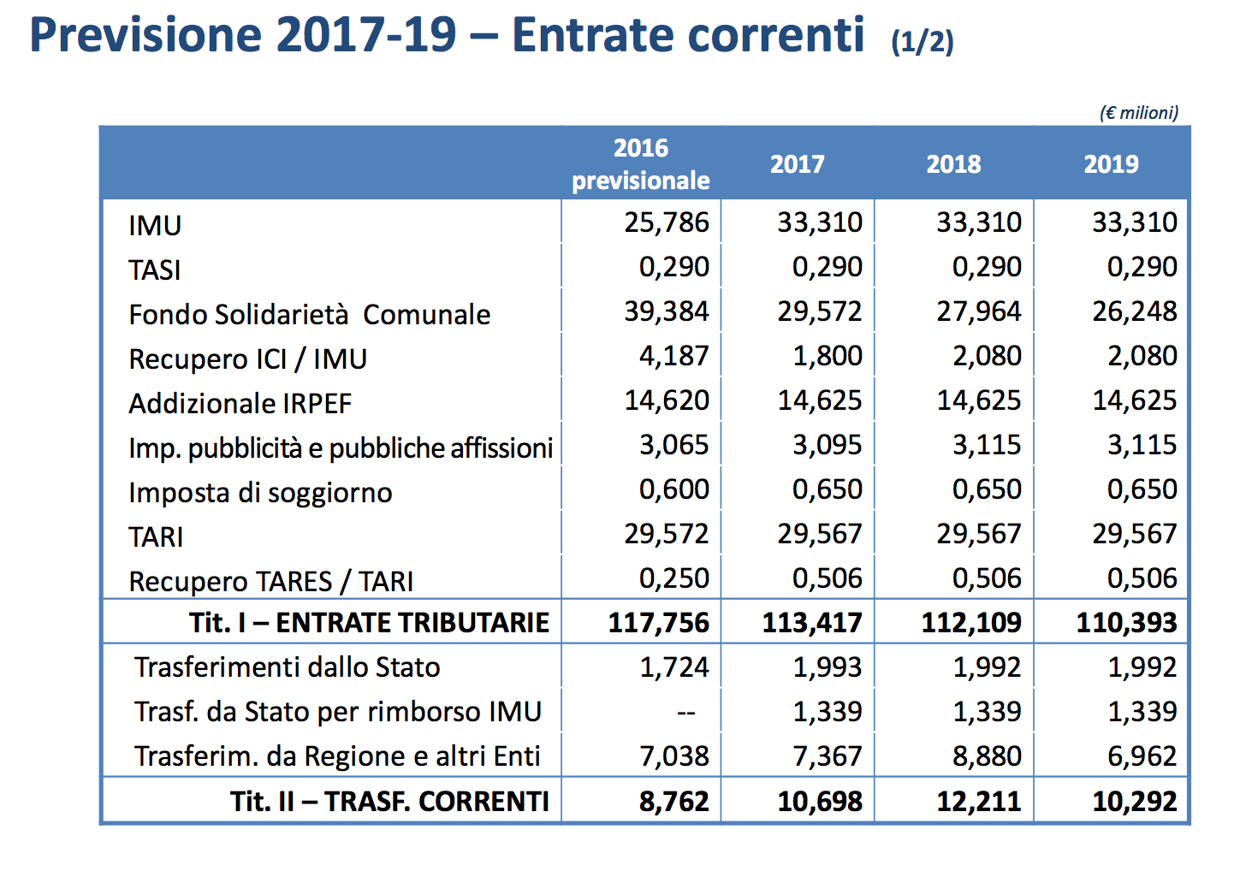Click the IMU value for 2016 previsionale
point(667,222)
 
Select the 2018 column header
point(953,164)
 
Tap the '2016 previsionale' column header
point(641,164)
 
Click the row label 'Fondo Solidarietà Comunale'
point(309,315)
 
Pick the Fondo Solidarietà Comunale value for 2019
point(1134,311)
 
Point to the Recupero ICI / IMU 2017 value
point(827,356)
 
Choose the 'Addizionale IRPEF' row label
point(240,404)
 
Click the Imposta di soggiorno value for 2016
point(673,489)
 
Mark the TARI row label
point(156,537)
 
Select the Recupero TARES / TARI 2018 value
point(987,578)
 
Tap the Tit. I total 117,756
point(658,623)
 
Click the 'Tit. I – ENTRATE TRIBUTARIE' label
point(369,623)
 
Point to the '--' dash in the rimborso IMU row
point(685,713)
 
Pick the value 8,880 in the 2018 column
point(987,756)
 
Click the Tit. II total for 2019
point(1134,802)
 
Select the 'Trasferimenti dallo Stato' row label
point(287,667)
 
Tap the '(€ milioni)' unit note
point(1138,113)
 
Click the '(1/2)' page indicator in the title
point(922,42)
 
